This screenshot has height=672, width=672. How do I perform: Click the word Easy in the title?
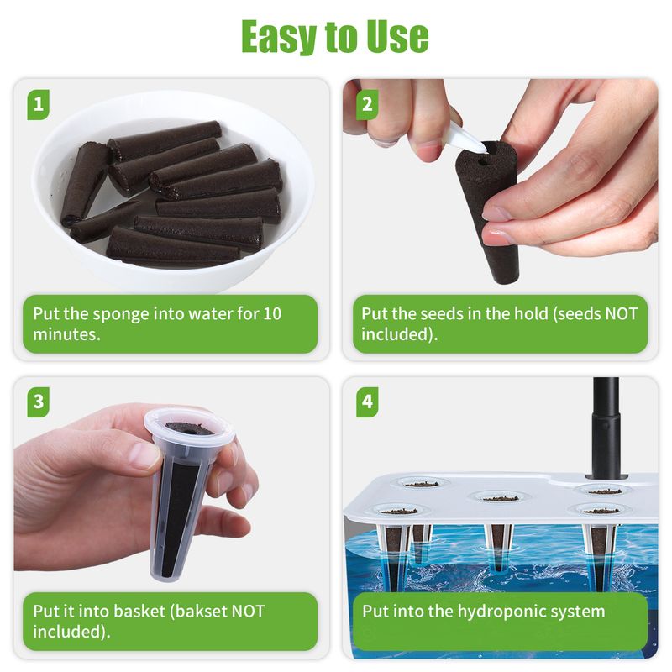(280, 37)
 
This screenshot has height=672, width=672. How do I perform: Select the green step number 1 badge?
(38, 104)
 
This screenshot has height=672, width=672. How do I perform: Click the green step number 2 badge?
(367, 104)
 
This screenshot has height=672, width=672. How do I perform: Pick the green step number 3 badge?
(38, 402)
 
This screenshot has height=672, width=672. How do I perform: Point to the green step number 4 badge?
(367, 402)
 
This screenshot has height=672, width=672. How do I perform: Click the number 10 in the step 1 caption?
(272, 313)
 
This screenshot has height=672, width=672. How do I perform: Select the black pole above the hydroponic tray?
(606, 428)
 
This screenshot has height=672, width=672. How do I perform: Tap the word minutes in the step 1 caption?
(66, 334)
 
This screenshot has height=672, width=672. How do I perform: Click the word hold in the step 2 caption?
(531, 313)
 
